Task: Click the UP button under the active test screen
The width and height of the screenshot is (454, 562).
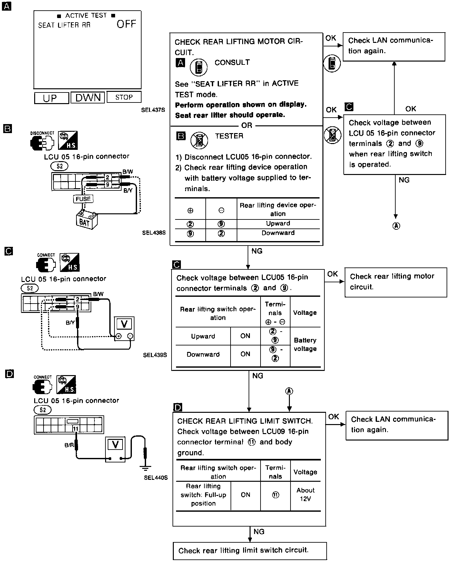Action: pos(51,98)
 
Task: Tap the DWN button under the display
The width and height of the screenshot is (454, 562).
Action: pos(88,97)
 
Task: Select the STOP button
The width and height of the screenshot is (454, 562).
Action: pos(124,97)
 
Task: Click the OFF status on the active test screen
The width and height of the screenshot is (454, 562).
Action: pos(126,24)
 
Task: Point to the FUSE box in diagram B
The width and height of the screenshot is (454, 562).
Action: pos(83,199)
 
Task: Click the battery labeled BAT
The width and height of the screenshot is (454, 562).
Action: pos(86,220)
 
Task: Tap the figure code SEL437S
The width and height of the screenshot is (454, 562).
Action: pos(153,110)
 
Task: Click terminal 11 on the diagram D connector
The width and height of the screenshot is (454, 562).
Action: pos(75,429)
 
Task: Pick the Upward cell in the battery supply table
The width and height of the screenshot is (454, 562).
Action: pos(278,224)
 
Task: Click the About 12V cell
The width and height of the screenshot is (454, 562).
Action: pos(305,495)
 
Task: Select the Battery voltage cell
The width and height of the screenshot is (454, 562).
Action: pos(305,344)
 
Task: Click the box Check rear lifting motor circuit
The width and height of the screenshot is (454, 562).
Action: pos(396,282)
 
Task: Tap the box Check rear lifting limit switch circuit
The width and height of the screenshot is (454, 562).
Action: pos(250,550)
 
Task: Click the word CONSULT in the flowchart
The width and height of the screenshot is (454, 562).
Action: pos(232,63)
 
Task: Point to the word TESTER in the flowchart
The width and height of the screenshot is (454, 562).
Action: pos(229,136)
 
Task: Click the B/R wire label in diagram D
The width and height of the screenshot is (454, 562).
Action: pos(69,445)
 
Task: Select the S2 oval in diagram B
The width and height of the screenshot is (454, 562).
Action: pos(60,166)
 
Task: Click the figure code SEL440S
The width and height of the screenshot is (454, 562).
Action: pos(156,478)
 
